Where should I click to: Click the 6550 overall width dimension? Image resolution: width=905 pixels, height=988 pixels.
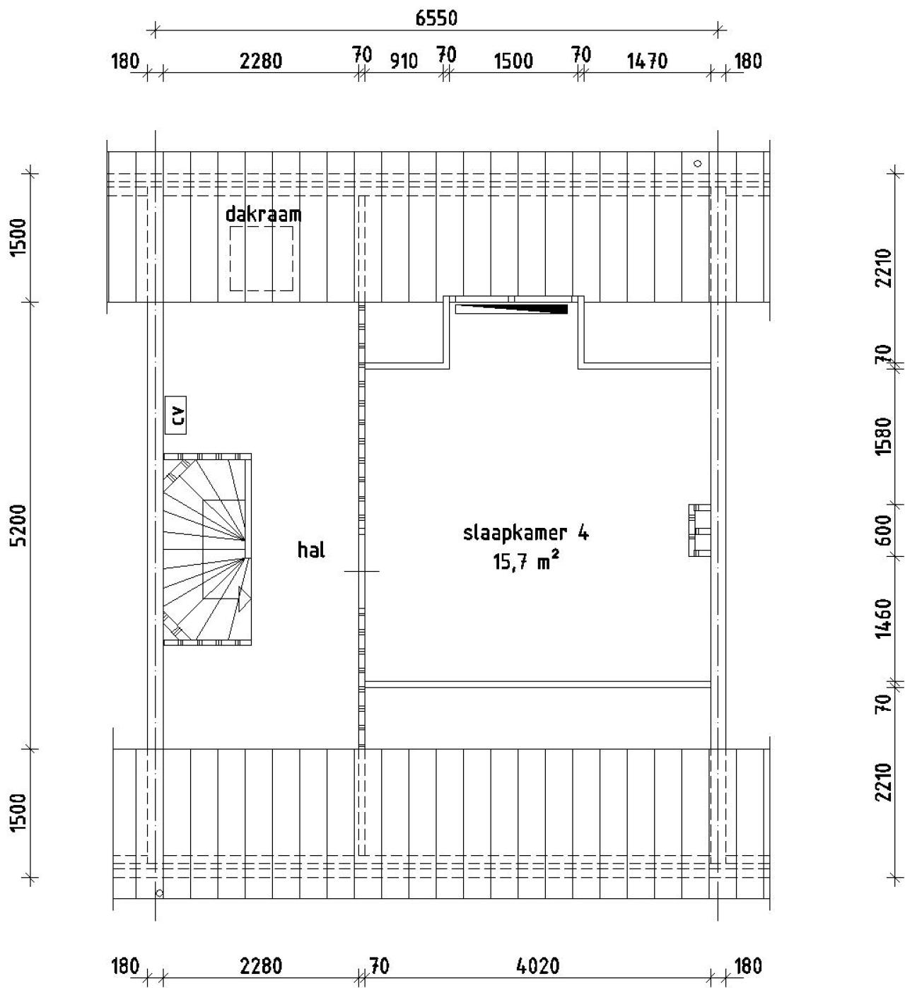(436, 18)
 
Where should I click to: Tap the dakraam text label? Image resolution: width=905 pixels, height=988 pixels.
(263, 214)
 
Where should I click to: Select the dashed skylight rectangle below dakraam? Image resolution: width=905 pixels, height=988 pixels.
(261, 258)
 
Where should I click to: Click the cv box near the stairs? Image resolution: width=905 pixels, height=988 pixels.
(175, 415)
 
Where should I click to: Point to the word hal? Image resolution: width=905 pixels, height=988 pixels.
(311, 549)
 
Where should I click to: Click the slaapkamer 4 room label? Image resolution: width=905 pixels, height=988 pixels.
(525, 533)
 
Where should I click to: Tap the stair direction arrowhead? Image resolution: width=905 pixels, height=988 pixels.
(244, 599)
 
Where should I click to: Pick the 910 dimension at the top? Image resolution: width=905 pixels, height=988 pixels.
(404, 61)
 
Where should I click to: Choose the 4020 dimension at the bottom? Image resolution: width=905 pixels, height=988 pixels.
(539, 966)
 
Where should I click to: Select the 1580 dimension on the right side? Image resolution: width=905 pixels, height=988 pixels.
(883, 436)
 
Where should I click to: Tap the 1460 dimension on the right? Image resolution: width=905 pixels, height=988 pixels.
(883, 618)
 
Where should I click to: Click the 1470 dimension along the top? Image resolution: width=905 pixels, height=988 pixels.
(647, 61)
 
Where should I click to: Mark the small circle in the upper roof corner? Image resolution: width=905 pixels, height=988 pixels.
(698, 163)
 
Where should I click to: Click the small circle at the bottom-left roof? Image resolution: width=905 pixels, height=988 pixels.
(159, 893)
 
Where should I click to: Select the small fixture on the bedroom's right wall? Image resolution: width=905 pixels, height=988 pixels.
(699, 530)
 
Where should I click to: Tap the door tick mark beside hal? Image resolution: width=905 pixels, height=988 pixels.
(361, 570)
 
